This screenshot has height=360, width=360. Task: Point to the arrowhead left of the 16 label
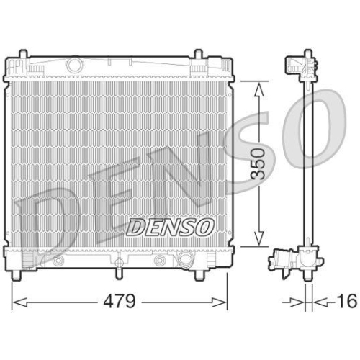click(x=300, y=301)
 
